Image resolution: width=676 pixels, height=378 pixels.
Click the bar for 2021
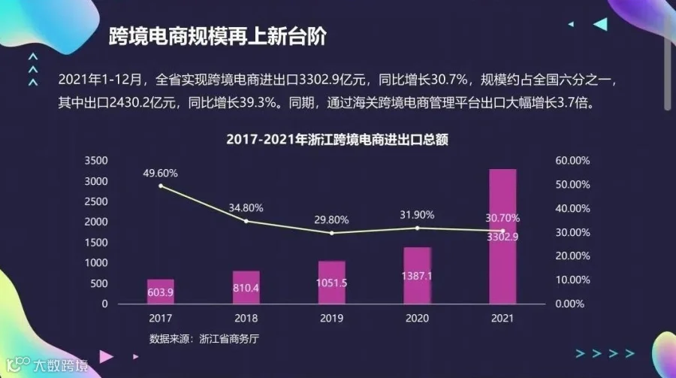(x=502, y=237)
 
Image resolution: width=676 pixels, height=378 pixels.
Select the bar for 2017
(x=161, y=292)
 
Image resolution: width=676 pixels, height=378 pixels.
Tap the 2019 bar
(x=331, y=283)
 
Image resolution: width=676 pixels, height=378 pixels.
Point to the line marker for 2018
(x=246, y=222)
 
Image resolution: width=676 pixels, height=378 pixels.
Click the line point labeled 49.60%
(x=161, y=186)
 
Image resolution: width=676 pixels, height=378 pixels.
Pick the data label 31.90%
(x=417, y=215)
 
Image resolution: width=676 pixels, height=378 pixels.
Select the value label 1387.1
(x=416, y=276)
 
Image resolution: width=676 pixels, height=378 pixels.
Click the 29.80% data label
(x=331, y=220)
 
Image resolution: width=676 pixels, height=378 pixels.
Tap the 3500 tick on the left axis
(x=95, y=161)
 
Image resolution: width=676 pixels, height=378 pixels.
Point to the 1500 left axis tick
(x=95, y=243)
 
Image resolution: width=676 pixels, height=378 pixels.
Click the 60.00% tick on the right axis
(x=572, y=161)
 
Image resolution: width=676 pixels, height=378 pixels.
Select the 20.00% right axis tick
(x=572, y=256)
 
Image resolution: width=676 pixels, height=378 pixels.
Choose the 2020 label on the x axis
(x=417, y=319)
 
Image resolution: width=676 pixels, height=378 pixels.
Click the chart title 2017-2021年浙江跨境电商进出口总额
(x=337, y=139)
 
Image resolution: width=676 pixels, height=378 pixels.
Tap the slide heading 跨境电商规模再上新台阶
(x=218, y=36)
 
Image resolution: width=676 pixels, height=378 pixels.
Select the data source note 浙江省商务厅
(x=229, y=339)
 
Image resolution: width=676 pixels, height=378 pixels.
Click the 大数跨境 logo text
(x=61, y=366)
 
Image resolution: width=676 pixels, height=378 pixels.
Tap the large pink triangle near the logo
(x=105, y=356)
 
